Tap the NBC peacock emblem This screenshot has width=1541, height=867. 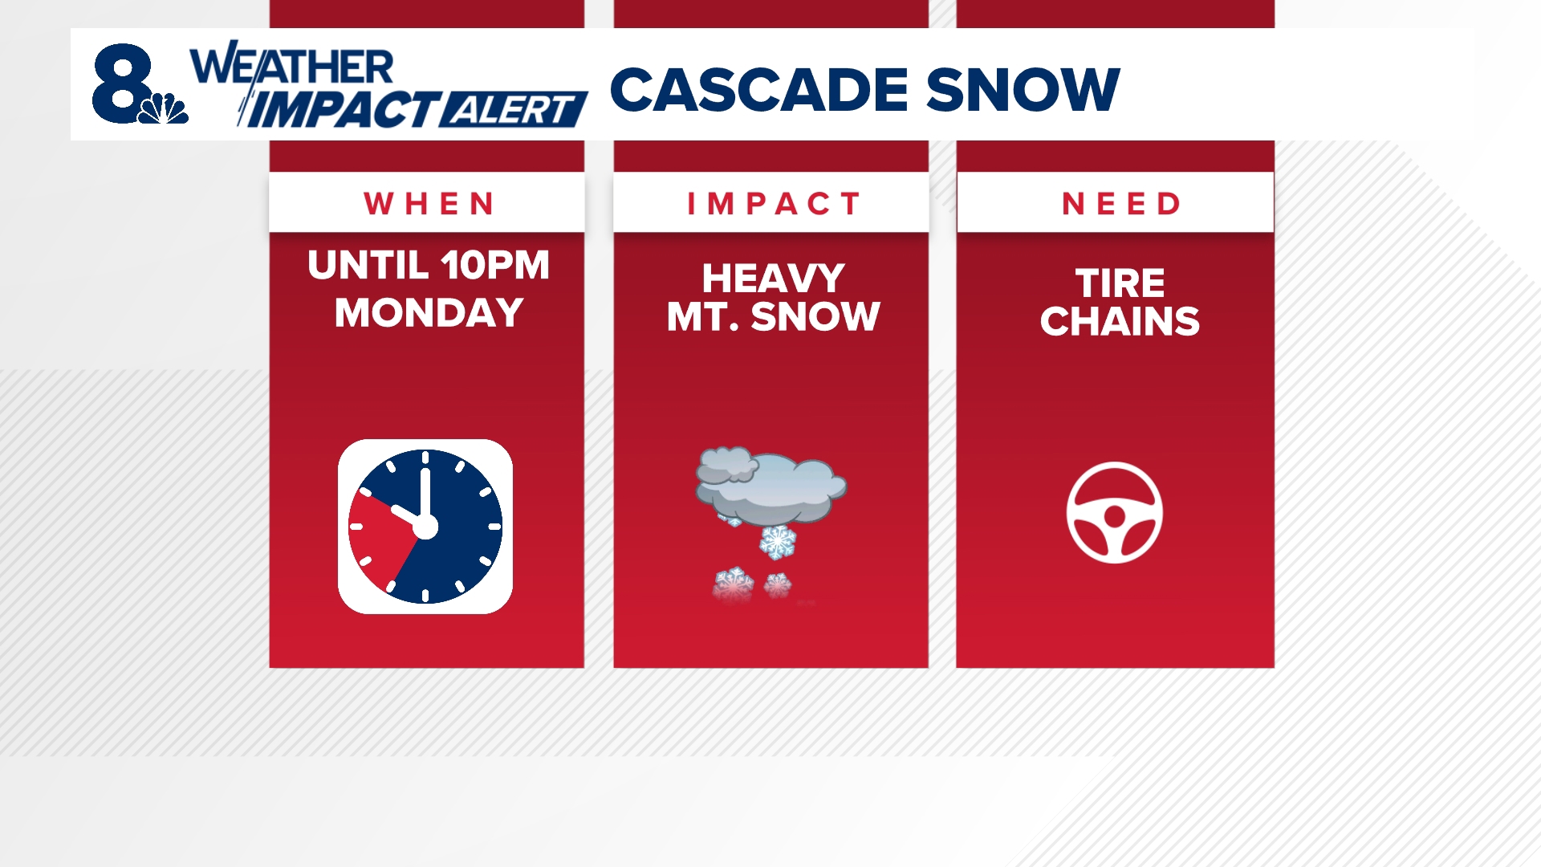165,108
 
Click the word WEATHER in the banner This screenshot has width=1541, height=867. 292,67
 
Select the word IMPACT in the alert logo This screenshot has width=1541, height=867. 340,110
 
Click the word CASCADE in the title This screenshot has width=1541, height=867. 758,89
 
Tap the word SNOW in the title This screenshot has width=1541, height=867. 1023,89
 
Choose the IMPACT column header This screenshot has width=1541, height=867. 772,204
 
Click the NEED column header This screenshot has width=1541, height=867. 1120,204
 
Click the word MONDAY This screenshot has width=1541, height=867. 429,312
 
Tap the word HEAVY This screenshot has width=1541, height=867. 773,279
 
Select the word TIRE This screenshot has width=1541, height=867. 1120,283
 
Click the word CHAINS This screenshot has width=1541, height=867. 1120,321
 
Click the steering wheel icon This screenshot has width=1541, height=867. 1114,512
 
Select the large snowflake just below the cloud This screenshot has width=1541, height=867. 777,543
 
